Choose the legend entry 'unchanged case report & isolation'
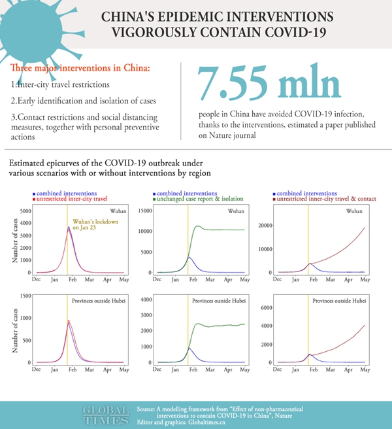[x=200, y=198]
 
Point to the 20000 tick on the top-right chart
[x=265, y=225]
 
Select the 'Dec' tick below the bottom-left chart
[x=37, y=369]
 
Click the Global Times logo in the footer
[x=105, y=414]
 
